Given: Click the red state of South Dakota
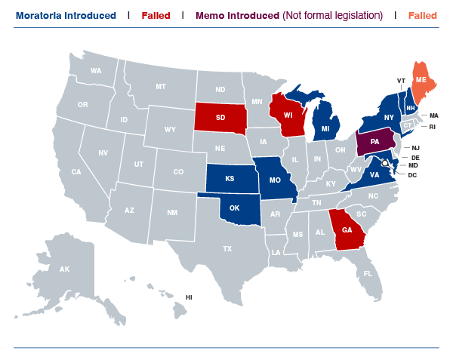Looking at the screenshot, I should tap(220, 117).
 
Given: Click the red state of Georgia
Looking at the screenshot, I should tap(347, 230).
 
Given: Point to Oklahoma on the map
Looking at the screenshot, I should tap(235, 208).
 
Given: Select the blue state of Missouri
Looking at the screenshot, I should tap(275, 181).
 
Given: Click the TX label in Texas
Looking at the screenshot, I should tap(227, 248).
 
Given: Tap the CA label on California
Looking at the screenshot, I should tap(76, 172).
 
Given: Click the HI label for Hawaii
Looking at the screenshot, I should tap(190, 297).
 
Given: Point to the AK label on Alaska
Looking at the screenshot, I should tap(65, 269).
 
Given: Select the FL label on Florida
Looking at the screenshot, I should tap(368, 274).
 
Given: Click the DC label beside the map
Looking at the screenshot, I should tap(412, 175).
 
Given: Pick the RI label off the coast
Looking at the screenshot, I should tap(433, 127).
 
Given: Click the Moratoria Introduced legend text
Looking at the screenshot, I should tap(66, 15).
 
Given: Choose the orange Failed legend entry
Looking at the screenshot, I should tap(423, 15).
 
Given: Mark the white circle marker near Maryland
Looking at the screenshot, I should tap(385, 162).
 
